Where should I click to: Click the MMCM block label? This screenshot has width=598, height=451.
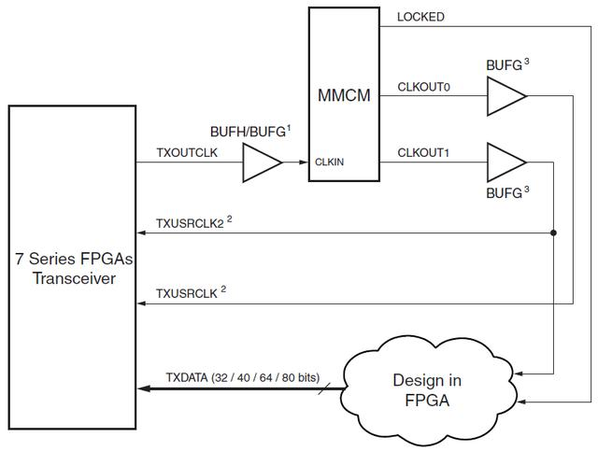coord(343,95)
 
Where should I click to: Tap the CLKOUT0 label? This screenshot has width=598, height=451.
coord(424,87)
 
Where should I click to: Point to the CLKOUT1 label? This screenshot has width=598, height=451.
coord(424,153)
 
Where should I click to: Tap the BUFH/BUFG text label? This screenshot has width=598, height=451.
coord(249,134)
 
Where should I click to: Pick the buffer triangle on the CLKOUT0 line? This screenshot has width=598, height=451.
coord(505,96)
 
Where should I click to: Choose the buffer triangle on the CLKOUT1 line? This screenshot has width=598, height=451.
coord(505,163)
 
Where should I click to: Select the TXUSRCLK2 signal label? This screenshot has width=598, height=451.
coord(191,224)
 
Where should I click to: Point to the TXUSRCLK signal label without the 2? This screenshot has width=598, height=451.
coord(187,292)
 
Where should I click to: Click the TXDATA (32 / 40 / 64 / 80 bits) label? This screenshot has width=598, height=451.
coord(242,376)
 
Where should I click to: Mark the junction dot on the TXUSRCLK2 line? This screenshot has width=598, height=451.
coord(555,233)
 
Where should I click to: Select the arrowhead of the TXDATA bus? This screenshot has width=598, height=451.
coord(142,387)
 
